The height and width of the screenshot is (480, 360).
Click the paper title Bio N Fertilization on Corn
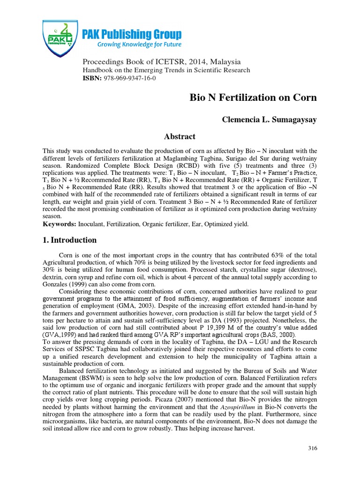click(x=253, y=98)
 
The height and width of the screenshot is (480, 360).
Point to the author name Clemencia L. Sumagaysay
click(x=269, y=120)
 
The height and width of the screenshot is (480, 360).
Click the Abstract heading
click(x=179, y=137)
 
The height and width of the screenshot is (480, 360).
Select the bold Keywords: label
click(x=60, y=225)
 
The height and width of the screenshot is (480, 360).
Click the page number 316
click(x=313, y=448)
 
